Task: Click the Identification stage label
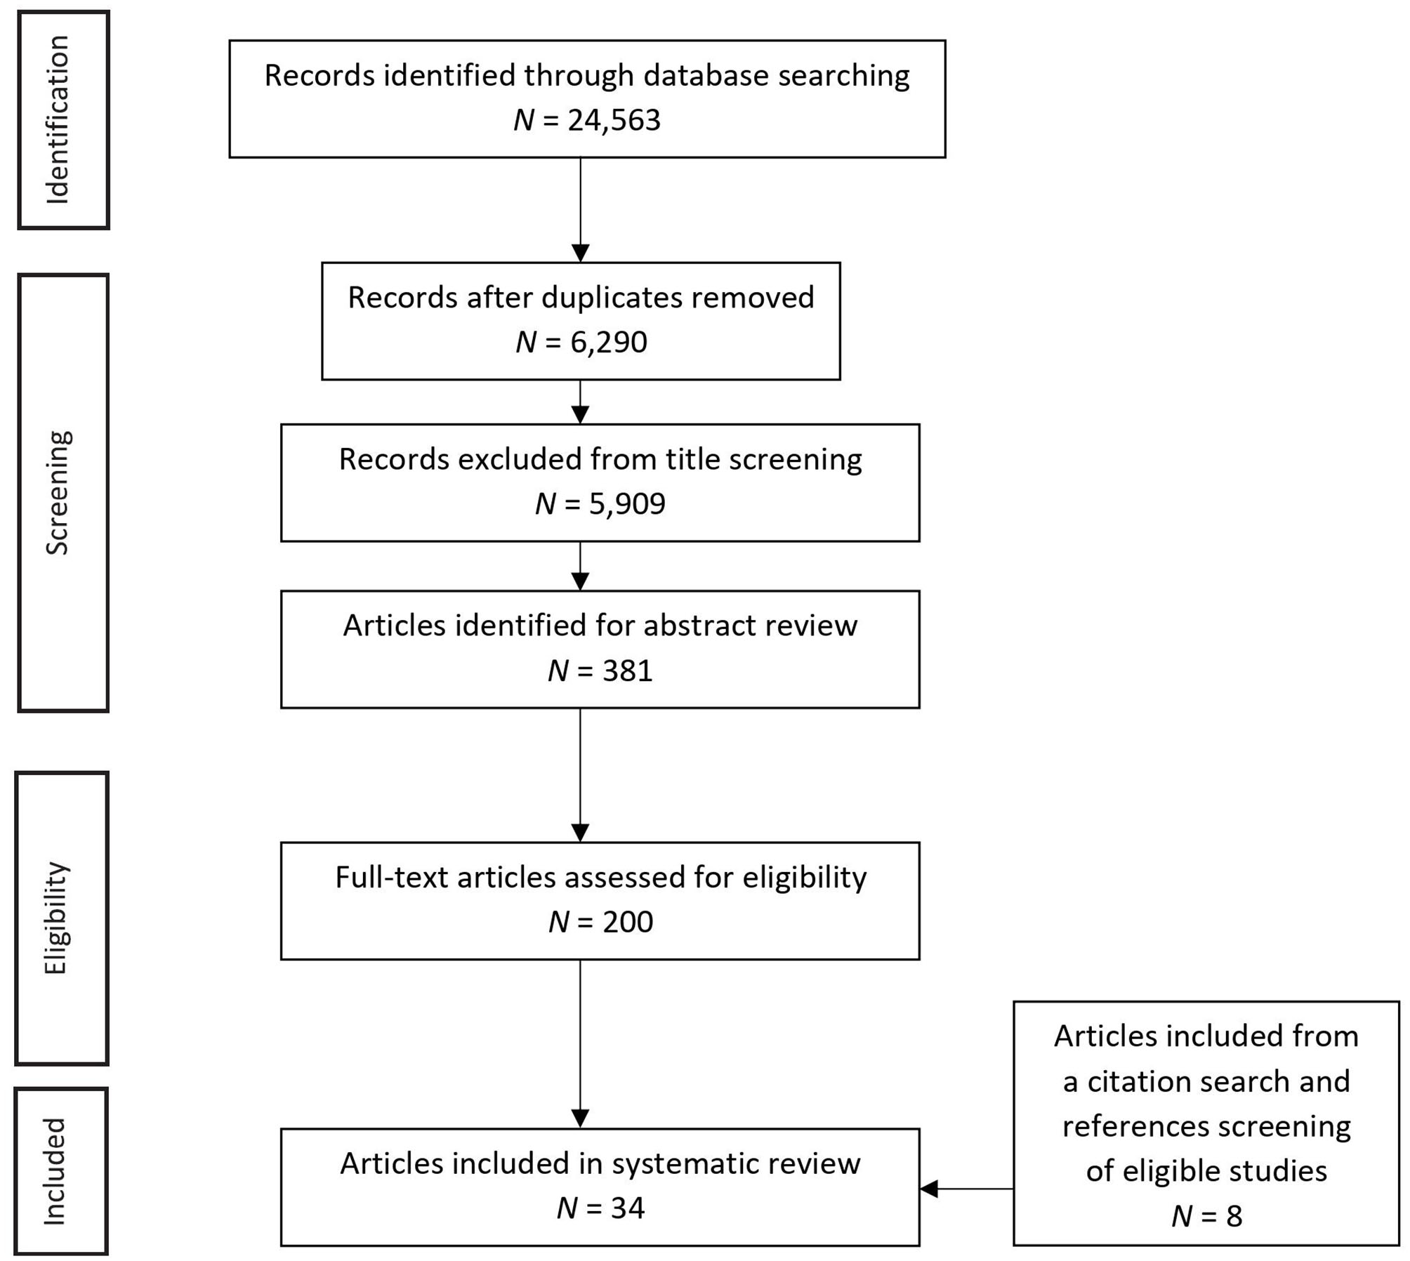click(58, 120)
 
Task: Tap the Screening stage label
click(58, 493)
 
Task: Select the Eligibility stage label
click(56, 918)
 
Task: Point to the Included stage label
click(55, 1171)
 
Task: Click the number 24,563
click(614, 121)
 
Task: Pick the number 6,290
click(608, 343)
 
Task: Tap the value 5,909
click(626, 504)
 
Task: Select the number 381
click(627, 671)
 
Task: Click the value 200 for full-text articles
click(628, 922)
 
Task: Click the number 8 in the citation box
click(1234, 1216)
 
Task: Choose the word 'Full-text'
click(391, 877)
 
